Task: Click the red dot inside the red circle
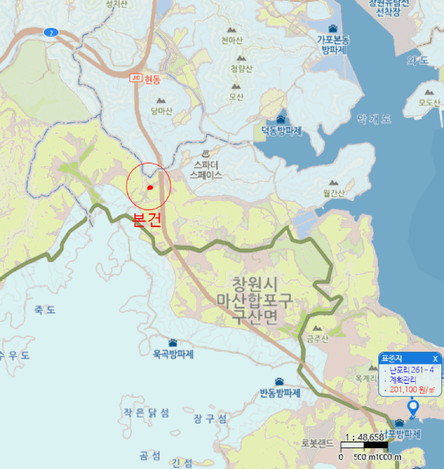[150, 188]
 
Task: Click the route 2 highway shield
[51, 31]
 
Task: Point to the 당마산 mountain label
[161, 111]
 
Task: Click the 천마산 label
[232, 40]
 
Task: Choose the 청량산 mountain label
[241, 69]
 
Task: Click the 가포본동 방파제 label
[333, 44]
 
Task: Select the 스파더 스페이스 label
[206, 170]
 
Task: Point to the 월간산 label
[333, 193]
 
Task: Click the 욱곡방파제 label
[173, 354]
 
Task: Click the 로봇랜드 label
[317, 443]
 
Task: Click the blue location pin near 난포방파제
[413, 407]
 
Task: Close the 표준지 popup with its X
[435, 358]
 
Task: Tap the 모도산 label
[429, 103]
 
